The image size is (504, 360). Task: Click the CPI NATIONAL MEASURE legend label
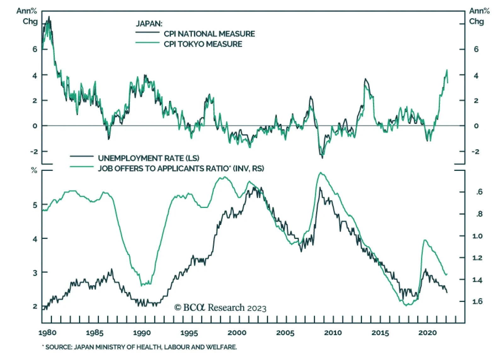click(209, 34)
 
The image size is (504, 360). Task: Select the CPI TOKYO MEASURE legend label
click(203, 44)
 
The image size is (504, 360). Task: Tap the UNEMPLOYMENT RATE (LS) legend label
click(148, 158)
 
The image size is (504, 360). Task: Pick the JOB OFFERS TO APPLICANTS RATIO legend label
click(181, 168)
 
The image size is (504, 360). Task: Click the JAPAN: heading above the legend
click(149, 24)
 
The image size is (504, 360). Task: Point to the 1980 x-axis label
click(47, 333)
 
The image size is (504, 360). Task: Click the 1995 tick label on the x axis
click(189, 333)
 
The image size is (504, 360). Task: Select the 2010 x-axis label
click(333, 333)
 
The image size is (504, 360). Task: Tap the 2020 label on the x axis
click(427, 333)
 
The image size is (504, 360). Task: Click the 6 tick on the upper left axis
click(35, 49)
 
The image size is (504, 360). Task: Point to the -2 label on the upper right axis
click(476, 152)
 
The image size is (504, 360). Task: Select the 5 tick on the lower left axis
click(35, 205)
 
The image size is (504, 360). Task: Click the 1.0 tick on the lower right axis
click(477, 236)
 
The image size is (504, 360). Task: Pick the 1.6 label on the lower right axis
click(477, 301)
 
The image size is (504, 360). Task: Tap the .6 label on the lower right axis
click(479, 192)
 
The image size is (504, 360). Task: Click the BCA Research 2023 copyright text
click(220, 308)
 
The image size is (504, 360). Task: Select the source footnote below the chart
click(140, 347)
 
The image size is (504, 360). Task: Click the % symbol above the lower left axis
click(34, 171)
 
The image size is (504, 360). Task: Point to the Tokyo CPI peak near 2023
click(447, 70)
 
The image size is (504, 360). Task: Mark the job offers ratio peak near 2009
click(320, 172)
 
